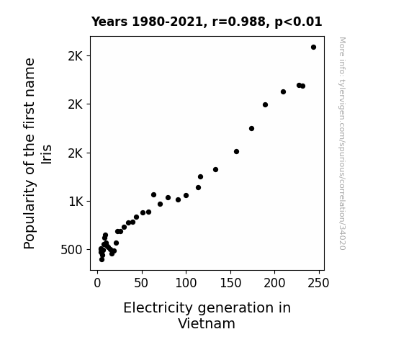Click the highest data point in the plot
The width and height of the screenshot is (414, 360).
pos(313,48)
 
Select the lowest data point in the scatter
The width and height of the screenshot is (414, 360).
pos(102,260)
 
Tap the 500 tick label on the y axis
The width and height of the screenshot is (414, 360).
pos(71,250)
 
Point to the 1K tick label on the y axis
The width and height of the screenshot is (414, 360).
pos(76,202)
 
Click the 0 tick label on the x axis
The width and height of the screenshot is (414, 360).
pos(97,283)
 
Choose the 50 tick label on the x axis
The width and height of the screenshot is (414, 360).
pos(141,283)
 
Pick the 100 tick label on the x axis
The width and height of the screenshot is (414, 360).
pos(186,283)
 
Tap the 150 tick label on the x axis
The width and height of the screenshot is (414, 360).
pos(230,283)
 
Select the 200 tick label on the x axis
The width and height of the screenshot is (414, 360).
pos(274,283)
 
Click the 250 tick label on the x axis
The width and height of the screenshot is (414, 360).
pos(319,283)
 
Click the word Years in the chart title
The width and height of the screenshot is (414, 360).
pos(109,22)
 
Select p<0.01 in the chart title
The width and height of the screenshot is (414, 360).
pos(298,22)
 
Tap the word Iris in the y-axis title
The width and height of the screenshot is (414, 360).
pos(47,154)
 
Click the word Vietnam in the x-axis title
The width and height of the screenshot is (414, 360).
pos(207,323)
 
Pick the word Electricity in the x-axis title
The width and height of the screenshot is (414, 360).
pos(158,308)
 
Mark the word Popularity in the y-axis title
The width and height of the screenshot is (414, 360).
pos(29,215)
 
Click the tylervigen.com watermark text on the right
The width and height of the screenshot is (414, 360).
pos(342,143)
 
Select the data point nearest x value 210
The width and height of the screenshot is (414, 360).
pos(283,92)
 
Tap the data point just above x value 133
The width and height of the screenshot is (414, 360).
pos(216,170)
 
